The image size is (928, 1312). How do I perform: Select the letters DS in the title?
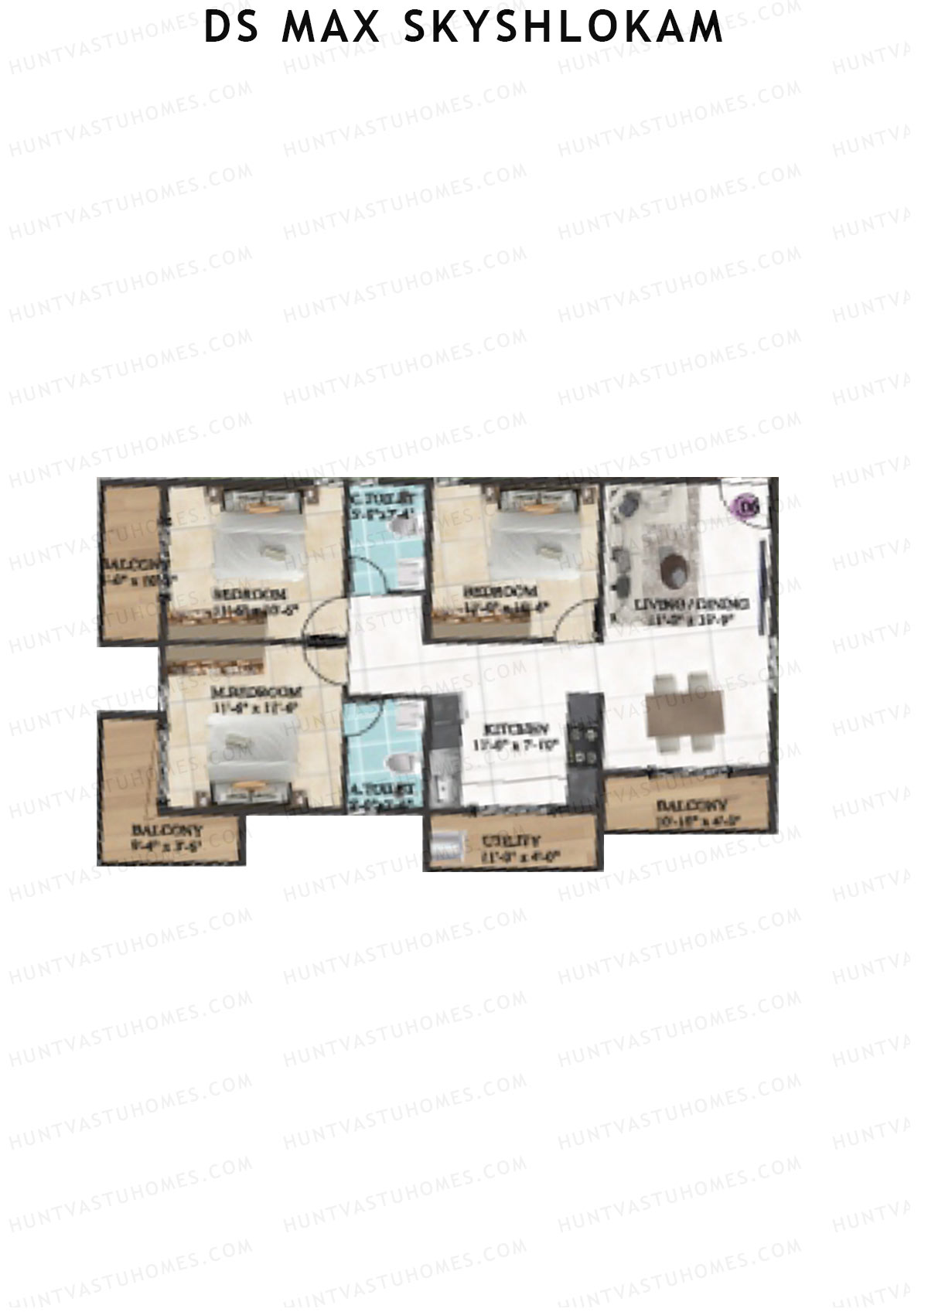pos(231,28)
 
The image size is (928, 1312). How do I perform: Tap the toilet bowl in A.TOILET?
pos(396,764)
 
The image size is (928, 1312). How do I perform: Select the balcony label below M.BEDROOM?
pos(168,830)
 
